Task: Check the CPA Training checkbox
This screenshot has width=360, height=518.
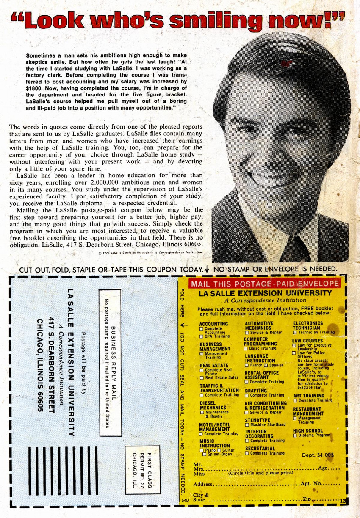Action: pyautogui.click(x=202, y=336)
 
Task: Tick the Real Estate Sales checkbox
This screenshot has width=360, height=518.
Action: pyautogui.click(x=202, y=377)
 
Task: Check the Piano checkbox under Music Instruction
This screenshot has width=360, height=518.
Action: pyautogui.click(x=202, y=450)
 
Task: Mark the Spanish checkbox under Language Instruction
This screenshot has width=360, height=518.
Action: pyautogui.click(x=266, y=365)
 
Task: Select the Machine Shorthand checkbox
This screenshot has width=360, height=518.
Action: pyautogui.click(x=247, y=424)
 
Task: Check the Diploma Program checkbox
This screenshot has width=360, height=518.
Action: pyautogui.click(x=295, y=435)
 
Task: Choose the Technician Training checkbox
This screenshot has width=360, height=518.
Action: pyautogui.click(x=295, y=332)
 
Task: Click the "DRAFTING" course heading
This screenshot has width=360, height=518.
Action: pyautogui.click(x=256, y=391)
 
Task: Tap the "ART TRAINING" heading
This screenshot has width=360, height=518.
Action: pyautogui.click(x=308, y=396)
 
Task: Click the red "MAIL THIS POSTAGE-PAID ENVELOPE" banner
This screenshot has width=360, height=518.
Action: pyautogui.click(x=264, y=284)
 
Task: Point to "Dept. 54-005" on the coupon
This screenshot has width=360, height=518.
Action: pyautogui.click(x=318, y=455)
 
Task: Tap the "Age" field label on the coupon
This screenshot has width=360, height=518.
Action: pyautogui.click(x=323, y=468)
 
